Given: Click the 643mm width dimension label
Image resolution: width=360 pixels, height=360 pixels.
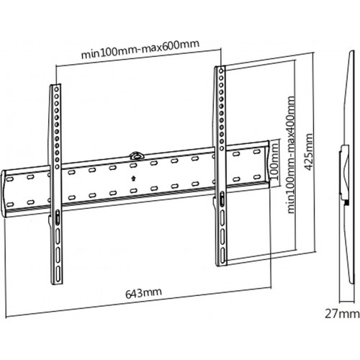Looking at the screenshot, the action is click(143, 293).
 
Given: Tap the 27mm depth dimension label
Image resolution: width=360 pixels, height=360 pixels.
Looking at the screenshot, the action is click(342, 314).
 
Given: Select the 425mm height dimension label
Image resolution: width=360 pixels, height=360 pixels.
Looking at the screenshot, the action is click(308, 152).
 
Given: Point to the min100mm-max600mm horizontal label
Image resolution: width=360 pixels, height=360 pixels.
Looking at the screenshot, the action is click(140, 49).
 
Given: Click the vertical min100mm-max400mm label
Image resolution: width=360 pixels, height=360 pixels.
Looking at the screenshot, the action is click(291, 155).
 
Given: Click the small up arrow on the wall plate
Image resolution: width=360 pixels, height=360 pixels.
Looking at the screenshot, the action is click(133, 179).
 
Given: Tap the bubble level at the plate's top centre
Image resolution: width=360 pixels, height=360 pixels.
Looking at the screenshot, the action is click(136, 155).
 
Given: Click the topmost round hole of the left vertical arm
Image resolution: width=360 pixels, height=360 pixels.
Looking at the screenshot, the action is click(56, 89).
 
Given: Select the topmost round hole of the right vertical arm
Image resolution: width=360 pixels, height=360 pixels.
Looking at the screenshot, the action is click(221, 71).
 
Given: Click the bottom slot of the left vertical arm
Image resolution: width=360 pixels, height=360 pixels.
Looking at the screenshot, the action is click(58, 275).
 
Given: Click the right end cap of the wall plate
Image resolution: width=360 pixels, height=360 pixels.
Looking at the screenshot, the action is click(268, 164).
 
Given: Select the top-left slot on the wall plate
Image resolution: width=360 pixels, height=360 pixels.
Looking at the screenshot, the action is click(10, 179).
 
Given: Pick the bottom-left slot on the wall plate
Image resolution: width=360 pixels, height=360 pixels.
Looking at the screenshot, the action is click(10, 204).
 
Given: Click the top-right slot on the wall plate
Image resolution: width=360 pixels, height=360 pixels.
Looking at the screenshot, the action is click(257, 152).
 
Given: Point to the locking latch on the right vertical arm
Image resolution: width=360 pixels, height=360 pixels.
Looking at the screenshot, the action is click(222, 199).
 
